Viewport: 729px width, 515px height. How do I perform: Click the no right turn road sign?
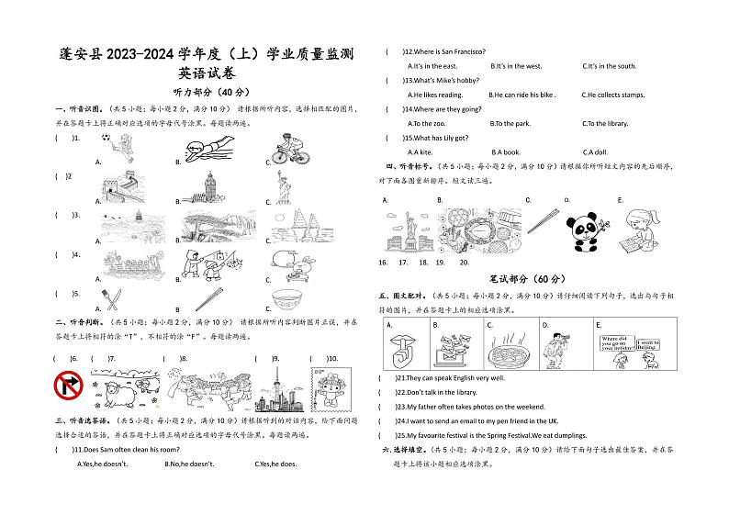coord(71,386)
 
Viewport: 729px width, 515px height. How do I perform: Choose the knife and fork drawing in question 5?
coord(110,299)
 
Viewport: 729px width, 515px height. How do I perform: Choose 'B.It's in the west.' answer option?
coord(516,66)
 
